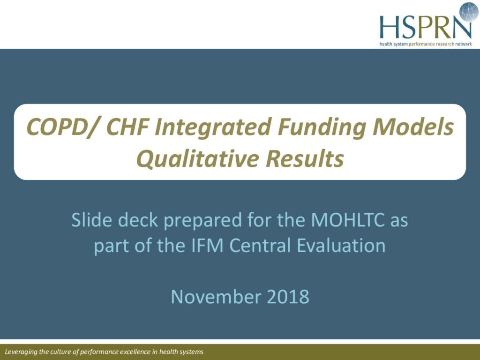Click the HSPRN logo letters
(426, 26)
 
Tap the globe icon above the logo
(469, 12)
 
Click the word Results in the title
(305, 158)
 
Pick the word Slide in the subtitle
(91, 220)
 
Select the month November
(216, 296)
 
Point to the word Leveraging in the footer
(21, 352)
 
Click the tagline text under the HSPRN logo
(426, 44)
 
